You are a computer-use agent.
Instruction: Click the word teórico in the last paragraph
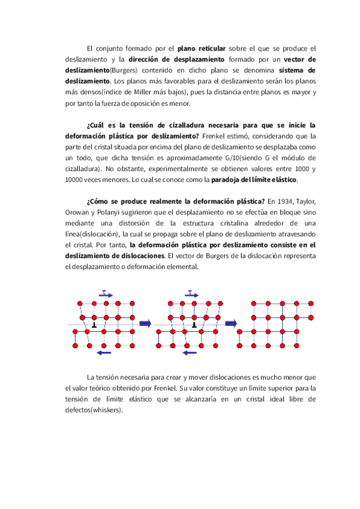pos(103,388)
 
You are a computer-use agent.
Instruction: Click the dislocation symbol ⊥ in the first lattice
pos(94,325)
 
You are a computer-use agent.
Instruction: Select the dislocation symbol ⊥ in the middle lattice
pos(194,325)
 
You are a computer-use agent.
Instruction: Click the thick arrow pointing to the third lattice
pos(231,324)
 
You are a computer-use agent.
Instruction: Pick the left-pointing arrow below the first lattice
pos(104,353)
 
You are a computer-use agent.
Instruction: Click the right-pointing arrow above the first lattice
pos(105,294)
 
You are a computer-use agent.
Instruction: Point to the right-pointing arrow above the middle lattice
pos(191,294)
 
